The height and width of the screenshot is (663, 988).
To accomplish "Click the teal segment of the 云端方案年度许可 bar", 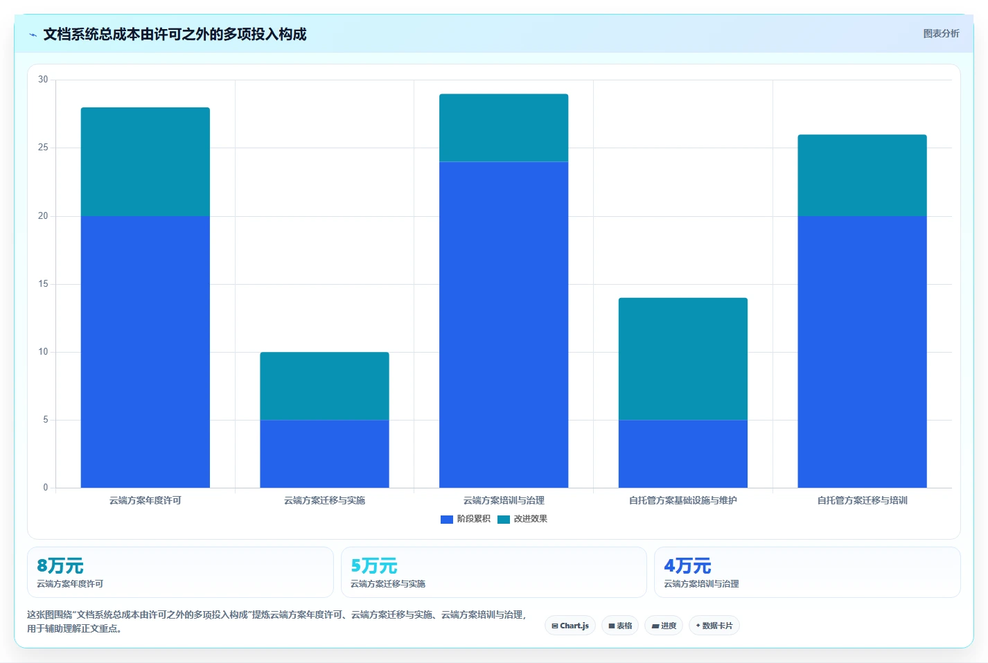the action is [x=145, y=161].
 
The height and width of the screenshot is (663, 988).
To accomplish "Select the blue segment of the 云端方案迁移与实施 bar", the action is [x=324, y=454].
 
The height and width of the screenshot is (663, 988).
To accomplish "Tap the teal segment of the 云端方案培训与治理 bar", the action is [x=504, y=127].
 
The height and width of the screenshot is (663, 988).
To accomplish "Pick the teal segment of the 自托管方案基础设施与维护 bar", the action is [x=682, y=359].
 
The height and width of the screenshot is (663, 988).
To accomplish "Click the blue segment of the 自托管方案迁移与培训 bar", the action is [x=863, y=351].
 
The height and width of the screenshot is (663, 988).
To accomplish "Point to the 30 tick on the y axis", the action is [x=43, y=80].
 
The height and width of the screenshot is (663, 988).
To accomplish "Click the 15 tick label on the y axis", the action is [x=43, y=283].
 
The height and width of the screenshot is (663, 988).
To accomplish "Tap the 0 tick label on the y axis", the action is [x=46, y=488].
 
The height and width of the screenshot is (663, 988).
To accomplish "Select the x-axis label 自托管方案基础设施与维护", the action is [x=682, y=500].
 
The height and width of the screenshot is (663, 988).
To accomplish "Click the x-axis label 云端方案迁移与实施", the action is [x=324, y=500].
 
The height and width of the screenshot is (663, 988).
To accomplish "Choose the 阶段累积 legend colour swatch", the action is [x=447, y=519].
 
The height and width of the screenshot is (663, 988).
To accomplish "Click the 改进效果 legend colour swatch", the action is [x=504, y=519].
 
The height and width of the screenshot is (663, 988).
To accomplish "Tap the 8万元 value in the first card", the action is [x=60, y=565].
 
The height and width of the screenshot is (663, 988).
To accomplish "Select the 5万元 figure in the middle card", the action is [x=374, y=565].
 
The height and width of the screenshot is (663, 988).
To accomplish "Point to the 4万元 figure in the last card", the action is [x=687, y=565].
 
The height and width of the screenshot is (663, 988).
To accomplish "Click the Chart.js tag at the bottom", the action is [x=570, y=626].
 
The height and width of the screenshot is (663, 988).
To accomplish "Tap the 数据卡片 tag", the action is [x=714, y=626].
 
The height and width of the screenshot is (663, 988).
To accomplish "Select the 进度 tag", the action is [x=663, y=626].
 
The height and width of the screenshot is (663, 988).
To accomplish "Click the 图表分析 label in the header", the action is [x=942, y=33].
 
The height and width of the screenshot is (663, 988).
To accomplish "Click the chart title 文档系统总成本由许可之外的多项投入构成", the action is [x=175, y=34].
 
